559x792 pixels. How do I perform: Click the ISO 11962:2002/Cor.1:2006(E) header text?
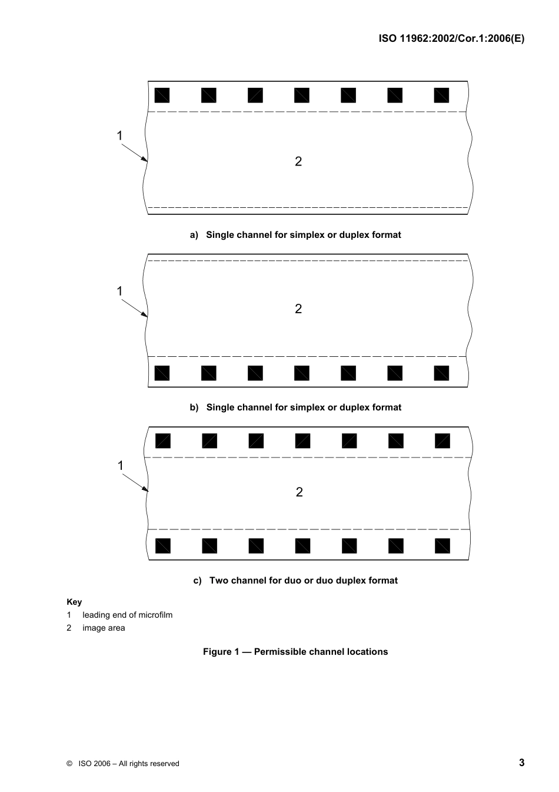[x=451, y=39]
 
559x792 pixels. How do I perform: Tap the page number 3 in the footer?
[x=521, y=763]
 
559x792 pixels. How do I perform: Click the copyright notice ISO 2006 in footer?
[x=123, y=764]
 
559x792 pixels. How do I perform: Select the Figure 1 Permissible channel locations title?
[x=295, y=651]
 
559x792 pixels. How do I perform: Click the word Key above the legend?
[x=74, y=602]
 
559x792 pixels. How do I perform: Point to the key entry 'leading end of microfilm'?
[x=127, y=615]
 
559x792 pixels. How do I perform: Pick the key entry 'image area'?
[x=104, y=628]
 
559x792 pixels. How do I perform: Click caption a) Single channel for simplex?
[x=295, y=234]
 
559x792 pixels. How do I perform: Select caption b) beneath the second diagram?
[x=295, y=407]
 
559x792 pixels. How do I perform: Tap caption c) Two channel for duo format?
[x=295, y=580]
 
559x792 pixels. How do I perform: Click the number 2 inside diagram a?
[x=298, y=161]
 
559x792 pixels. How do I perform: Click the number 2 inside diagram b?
[x=298, y=309]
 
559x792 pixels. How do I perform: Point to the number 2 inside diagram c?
[x=299, y=492]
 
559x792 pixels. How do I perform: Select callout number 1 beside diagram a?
[x=119, y=136]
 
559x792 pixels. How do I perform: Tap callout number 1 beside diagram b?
[x=119, y=291]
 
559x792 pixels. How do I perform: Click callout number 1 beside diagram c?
[x=120, y=466]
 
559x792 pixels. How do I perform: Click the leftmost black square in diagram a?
[x=162, y=95]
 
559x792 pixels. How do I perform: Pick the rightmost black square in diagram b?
[x=441, y=373]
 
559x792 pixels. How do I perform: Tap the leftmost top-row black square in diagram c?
[x=163, y=440]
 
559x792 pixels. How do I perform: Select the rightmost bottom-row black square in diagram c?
[x=442, y=546]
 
